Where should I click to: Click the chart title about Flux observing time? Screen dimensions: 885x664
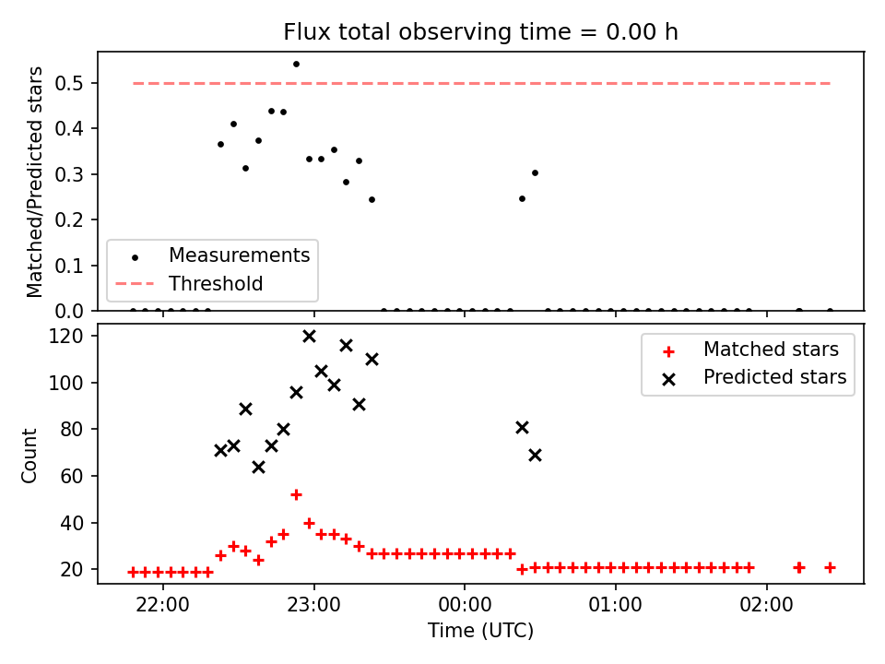point(480,31)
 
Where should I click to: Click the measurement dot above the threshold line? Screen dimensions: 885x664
point(296,65)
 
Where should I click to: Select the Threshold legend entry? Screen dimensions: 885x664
point(189,283)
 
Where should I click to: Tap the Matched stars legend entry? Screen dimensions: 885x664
point(750,350)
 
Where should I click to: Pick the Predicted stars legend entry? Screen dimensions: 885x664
point(755,377)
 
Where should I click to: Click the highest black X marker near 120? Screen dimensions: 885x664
point(309,337)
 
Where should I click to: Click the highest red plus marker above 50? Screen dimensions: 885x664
point(296,494)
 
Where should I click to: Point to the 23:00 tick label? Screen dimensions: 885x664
point(313,605)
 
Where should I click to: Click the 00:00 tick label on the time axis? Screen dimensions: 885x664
point(465,605)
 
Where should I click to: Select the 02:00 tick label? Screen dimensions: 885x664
point(766,605)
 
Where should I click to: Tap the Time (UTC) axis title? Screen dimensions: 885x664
point(480,630)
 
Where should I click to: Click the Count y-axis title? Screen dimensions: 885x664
point(29,455)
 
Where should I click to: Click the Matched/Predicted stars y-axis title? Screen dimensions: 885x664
point(34,182)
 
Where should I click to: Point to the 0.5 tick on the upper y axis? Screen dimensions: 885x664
point(69,84)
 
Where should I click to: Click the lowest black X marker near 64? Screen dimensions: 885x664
point(258,468)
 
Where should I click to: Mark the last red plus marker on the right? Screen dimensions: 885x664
point(830,567)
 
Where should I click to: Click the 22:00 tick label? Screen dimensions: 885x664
point(163,605)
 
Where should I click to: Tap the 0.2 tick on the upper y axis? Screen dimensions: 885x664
point(69,219)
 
